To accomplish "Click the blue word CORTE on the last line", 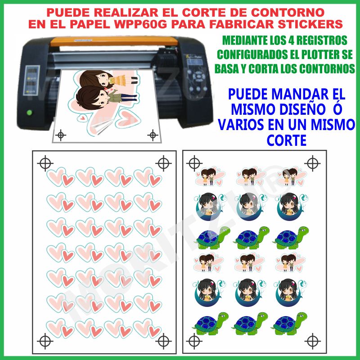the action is point(287,140).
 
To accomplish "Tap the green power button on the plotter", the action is point(29,112).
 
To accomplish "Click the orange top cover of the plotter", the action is point(114,41).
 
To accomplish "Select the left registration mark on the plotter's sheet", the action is point(61,135).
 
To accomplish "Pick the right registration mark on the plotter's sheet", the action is point(153,135).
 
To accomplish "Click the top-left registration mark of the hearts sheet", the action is point(45,163).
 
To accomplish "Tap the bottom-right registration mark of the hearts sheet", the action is point(163,341).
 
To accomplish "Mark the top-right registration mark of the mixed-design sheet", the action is point(312,163).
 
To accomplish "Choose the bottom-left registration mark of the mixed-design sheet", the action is point(194,341).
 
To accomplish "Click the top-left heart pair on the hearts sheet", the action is point(61,177).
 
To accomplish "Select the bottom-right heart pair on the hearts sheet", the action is point(147,328).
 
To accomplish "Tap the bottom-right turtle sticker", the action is point(289,324).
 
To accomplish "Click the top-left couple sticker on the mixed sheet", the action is point(210,176).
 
